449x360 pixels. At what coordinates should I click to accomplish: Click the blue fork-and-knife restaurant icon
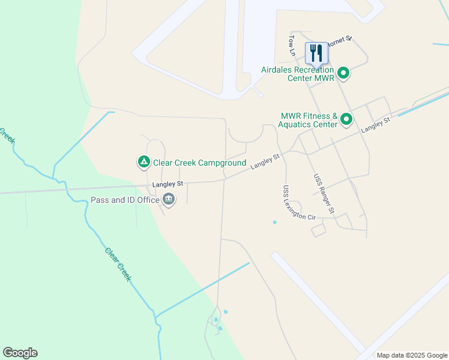pyautogui.click(x=316, y=53)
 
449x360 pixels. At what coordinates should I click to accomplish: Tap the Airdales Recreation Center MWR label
pyautogui.click(x=297, y=74)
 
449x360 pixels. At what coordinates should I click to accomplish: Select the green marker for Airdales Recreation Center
pyautogui.click(x=344, y=74)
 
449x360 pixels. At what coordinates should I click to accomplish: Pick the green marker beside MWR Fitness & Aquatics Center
pyautogui.click(x=346, y=120)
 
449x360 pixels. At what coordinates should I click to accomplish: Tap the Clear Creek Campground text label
pyautogui.click(x=199, y=163)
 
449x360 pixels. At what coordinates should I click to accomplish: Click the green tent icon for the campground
pyautogui.click(x=143, y=162)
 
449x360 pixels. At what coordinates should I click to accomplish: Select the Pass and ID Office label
pyautogui.click(x=124, y=200)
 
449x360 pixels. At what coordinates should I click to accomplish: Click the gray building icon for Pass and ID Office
pyautogui.click(x=169, y=200)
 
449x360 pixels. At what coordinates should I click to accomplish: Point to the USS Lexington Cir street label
pyautogui.click(x=298, y=202)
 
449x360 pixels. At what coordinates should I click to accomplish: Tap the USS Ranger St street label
pyautogui.click(x=324, y=193)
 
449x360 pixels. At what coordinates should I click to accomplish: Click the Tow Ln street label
pyautogui.click(x=292, y=46)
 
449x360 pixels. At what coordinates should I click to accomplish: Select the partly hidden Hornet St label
pyautogui.click(x=340, y=39)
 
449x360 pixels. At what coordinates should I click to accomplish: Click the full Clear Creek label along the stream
pyautogui.click(x=118, y=265)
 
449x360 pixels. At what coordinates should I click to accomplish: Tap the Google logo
pyautogui.click(x=20, y=353)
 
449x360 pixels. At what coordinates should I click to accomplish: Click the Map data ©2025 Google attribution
pyautogui.click(x=411, y=355)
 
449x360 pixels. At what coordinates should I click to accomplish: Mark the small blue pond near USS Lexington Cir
pyautogui.click(x=274, y=223)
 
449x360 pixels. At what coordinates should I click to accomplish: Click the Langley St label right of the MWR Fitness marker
pyautogui.click(x=376, y=125)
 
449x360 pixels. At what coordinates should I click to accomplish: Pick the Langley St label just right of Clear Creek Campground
pyautogui.click(x=266, y=162)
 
